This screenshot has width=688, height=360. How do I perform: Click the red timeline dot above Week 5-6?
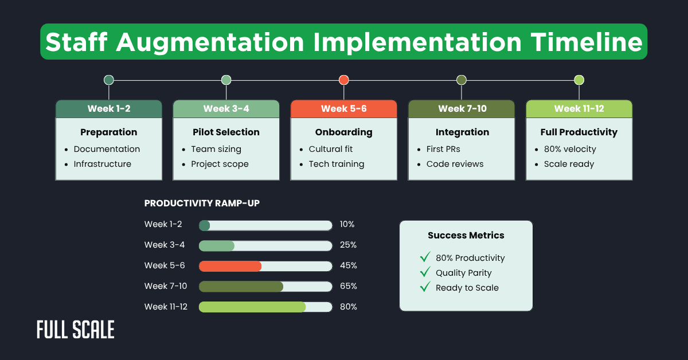tap(343, 80)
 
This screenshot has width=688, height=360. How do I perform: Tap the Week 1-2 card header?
tap(108, 109)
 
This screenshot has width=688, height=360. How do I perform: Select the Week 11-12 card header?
tap(579, 109)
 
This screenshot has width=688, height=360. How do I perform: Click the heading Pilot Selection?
tap(226, 132)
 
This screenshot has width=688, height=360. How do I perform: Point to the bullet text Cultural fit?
tap(331, 149)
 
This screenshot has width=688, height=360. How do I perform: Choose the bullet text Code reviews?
tap(455, 164)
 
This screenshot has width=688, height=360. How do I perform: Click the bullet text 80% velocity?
tap(570, 149)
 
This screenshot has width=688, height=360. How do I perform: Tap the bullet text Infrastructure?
tap(103, 164)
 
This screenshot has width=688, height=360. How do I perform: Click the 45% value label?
tap(348, 265)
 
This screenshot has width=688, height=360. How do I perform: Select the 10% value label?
tap(347, 224)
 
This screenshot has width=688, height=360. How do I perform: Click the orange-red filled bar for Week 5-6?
tap(230, 266)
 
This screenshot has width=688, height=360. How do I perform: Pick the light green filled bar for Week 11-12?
tap(252, 307)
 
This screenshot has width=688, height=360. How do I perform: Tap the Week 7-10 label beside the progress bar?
tap(166, 286)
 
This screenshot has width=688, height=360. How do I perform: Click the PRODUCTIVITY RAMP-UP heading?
tap(202, 204)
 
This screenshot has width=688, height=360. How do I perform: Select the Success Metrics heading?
tap(466, 235)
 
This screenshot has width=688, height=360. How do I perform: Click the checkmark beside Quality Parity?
tap(425, 272)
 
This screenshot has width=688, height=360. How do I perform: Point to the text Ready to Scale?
tap(467, 288)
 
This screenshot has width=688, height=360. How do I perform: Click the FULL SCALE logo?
tap(75, 330)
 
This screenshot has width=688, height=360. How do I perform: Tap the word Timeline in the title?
tap(586, 42)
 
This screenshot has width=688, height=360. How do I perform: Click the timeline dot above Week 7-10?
tap(462, 80)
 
